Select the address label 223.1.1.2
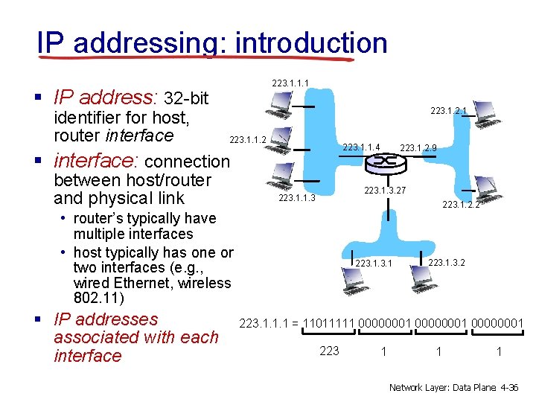[248, 139]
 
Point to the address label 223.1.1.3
[297, 198]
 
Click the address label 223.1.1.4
[361, 147]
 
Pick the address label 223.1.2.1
[449, 111]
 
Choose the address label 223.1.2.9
[418, 148]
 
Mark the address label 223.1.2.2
[461, 205]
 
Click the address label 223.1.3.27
[385, 191]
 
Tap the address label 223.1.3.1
[374, 264]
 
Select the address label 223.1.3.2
[447, 262]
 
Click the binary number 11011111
[329, 323]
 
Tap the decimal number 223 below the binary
[329, 351]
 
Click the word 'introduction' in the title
[310, 43]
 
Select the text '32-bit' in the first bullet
[186, 98]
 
